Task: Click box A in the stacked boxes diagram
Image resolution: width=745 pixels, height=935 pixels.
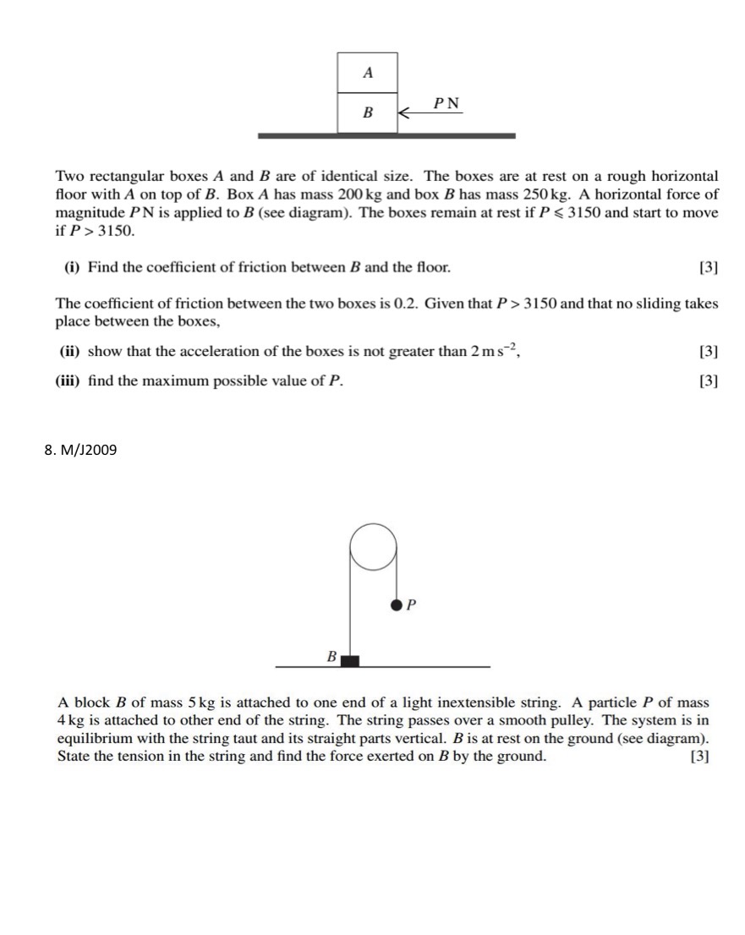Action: [x=367, y=73]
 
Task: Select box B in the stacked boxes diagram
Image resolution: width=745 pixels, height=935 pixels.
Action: [x=367, y=112]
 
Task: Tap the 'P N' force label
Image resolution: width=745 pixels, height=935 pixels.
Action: [x=446, y=103]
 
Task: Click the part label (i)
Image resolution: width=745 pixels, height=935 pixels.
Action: [x=72, y=267]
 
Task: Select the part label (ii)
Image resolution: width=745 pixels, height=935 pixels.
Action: [x=72, y=351]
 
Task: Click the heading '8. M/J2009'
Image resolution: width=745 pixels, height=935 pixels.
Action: [x=80, y=450]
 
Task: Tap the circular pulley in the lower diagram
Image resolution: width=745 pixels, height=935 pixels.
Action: [x=373, y=546]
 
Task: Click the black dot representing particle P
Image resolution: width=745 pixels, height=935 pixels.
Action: [x=397, y=605]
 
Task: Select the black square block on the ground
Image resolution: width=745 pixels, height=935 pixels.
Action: [x=349, y=660]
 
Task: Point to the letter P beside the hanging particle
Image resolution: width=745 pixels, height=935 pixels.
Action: [x=413, y=605]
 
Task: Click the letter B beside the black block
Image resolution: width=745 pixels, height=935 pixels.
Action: [x=332, y=656]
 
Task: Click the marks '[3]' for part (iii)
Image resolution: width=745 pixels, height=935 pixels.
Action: [x=709, y=380]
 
